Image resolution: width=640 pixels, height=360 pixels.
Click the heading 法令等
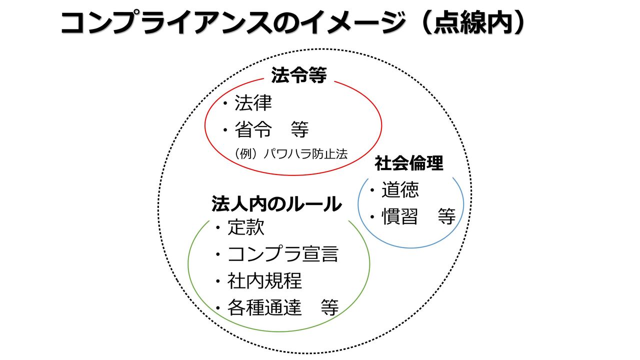click(298, 76)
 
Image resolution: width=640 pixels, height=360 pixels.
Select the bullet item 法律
click(253, 103)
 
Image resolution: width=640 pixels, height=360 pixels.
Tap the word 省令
click(253, 130)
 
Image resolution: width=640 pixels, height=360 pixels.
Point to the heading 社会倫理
click(409, 163)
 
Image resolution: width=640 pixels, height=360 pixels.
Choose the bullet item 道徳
click(400, 190)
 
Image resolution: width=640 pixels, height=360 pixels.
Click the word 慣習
click(400, 217)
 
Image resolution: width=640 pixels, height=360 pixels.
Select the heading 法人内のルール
click(276, 204)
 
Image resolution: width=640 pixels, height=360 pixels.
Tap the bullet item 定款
click(245, 228)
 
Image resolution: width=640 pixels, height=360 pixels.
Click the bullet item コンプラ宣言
click(282, 254)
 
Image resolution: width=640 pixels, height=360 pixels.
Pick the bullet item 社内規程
click(264, 281)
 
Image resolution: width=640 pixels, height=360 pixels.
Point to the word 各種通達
click(264, 307)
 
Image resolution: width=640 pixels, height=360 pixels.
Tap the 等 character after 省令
click(299, 130)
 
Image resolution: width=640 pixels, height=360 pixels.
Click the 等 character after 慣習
click(446, 217)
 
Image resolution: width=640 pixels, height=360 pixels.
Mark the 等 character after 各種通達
click(329, 307)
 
